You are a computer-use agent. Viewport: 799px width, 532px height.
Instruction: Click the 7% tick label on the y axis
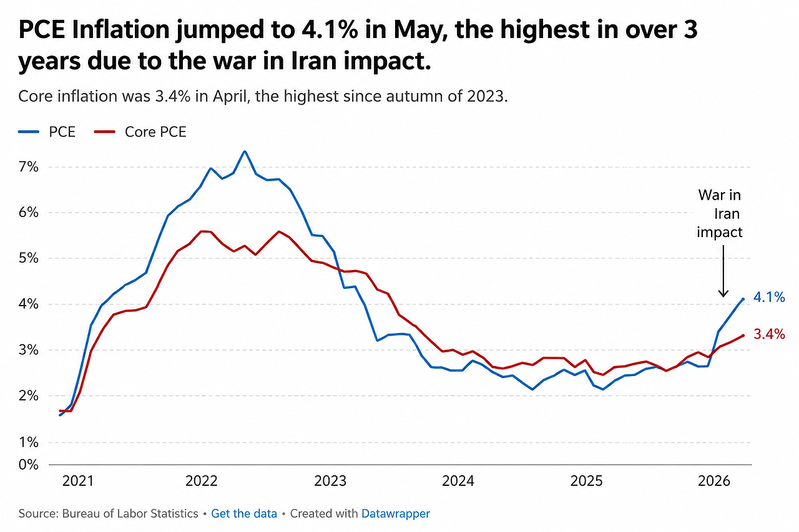[29, 167]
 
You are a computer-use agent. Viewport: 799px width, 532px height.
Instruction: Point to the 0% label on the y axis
[29, 464]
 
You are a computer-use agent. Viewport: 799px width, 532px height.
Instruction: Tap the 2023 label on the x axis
[330, 481]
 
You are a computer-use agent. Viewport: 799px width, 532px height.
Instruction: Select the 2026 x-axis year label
[713, 481]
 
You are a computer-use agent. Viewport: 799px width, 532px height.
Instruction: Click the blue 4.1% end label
[769, 297]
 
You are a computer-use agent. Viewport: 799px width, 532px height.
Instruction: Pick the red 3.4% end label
[769, 334]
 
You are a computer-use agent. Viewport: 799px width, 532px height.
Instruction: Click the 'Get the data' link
[244, 513]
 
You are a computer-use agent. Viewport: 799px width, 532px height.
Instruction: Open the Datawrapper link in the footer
[396, 513]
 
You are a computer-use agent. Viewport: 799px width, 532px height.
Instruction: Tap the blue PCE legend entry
[47, 132]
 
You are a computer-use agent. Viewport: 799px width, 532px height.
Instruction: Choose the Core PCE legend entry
[140, 132]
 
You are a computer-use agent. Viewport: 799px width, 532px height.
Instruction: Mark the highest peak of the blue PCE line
[245, 152]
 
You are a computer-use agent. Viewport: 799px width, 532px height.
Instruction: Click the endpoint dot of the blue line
[743, 299]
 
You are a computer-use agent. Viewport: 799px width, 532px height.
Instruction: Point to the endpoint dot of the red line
[743, 336]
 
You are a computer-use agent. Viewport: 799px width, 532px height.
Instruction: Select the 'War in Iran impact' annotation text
[720, 214]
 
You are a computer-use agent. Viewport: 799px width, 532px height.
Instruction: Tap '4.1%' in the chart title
[330, 29]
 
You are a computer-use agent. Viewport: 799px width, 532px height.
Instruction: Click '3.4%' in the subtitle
[173, 96]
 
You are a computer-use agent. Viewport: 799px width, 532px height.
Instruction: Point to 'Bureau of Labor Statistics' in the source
[130, 513]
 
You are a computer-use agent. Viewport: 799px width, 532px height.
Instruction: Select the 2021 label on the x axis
[78, 481]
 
